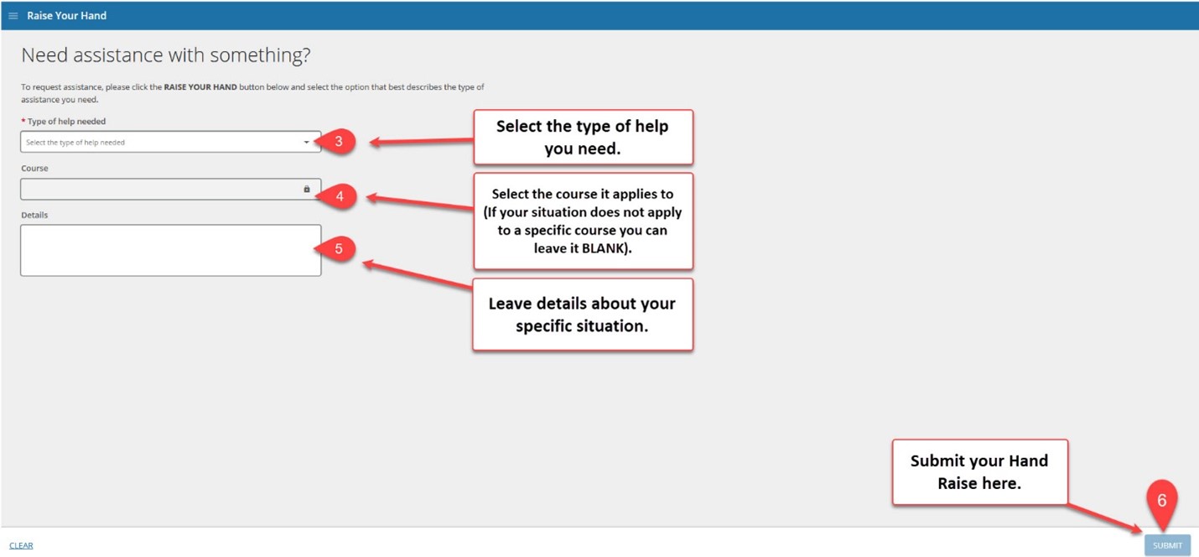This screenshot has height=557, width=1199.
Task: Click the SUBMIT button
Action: [x=1167, y=545]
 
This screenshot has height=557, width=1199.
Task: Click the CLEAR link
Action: [x=21, y=545]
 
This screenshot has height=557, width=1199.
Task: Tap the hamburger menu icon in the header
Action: [x=13, y=16]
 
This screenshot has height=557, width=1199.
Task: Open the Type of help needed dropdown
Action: [x=171, y=142]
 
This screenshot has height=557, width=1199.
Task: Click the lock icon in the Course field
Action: [x=307, y=189]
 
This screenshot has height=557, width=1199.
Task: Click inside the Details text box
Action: [x=171, y=250]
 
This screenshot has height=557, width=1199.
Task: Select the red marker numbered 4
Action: [x=337, y=196]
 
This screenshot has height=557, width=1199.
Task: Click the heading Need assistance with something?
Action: [x=166, y=55]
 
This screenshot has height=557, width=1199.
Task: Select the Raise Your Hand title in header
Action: [x=67, y=16]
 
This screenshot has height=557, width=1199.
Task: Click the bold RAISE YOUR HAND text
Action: [x=200, y=86]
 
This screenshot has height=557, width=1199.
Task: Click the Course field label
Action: [x=34, y=168]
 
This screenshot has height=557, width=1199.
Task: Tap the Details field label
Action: [x=34, y=215]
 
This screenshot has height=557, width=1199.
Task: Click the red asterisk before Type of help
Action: [x=23, y=121]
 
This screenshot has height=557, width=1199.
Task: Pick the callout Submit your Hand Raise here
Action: [x=979, y=471]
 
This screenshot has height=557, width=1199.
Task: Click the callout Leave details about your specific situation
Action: [x=583, y=315]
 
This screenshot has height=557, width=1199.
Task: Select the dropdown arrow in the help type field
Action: [x=306, y=143]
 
